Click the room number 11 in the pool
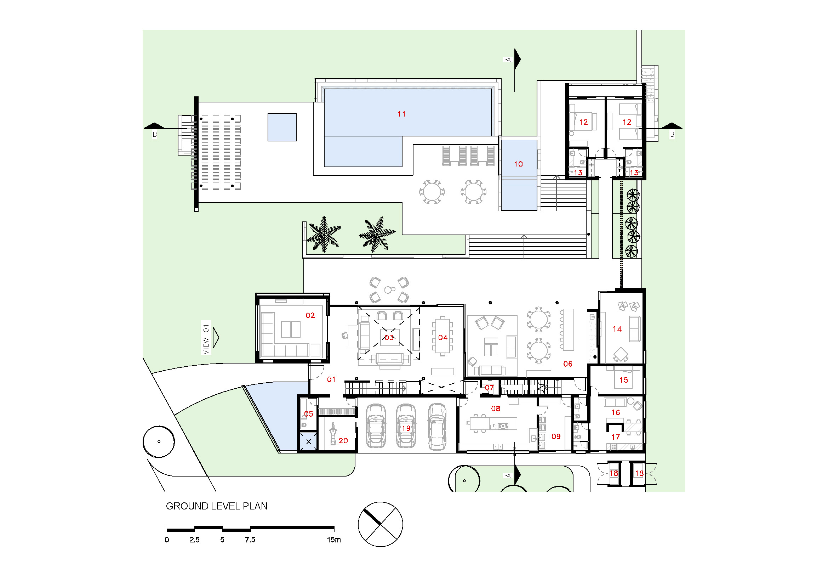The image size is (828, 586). pos(401,114)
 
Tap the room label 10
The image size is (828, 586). pos(518,164)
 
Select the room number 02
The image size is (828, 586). pos(310,315)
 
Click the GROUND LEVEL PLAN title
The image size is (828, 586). pos(216,506)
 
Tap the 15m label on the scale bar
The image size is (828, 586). pos(333,540)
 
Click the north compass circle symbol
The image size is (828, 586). pos(380,524)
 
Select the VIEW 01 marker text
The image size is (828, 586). pos(206,339)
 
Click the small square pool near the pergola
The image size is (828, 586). pos(282,128)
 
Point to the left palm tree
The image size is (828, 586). pos(324,235)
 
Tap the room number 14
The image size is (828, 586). pos(617,329)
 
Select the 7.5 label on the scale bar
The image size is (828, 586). pos(250,540)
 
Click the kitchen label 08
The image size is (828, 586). pos(496,409)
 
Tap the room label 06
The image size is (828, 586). pos(567,364)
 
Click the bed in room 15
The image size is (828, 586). pos(623,377)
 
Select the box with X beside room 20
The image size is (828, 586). pos(308,441)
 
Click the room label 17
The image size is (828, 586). pos(615,437)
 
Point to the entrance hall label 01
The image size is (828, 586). pos(331,379)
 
